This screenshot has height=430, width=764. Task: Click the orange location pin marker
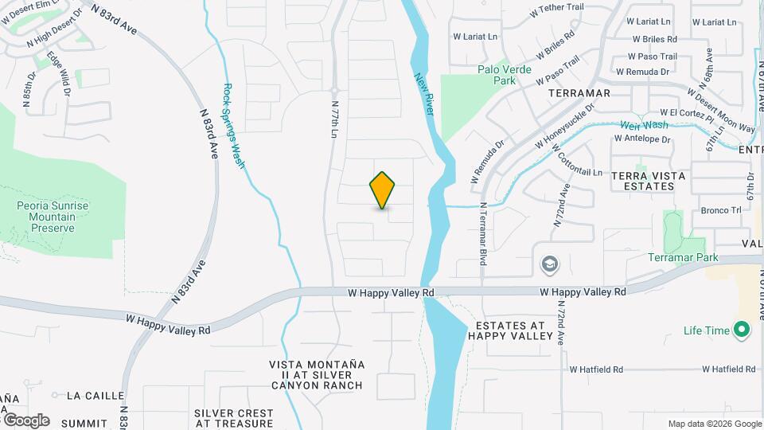click(382, 190)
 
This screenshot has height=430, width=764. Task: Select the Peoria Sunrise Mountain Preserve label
click(53, 217)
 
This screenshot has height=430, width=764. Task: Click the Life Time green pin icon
click(742, 330)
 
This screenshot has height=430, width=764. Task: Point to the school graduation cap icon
click(548, 264)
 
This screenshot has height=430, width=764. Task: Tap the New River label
click(423, 94)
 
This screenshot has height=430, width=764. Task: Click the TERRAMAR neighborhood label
click(579, 93)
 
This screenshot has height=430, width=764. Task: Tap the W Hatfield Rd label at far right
click(729, 369)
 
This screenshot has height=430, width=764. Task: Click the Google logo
click(25, 420)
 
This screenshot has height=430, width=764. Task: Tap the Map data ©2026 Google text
click(714, 424)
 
